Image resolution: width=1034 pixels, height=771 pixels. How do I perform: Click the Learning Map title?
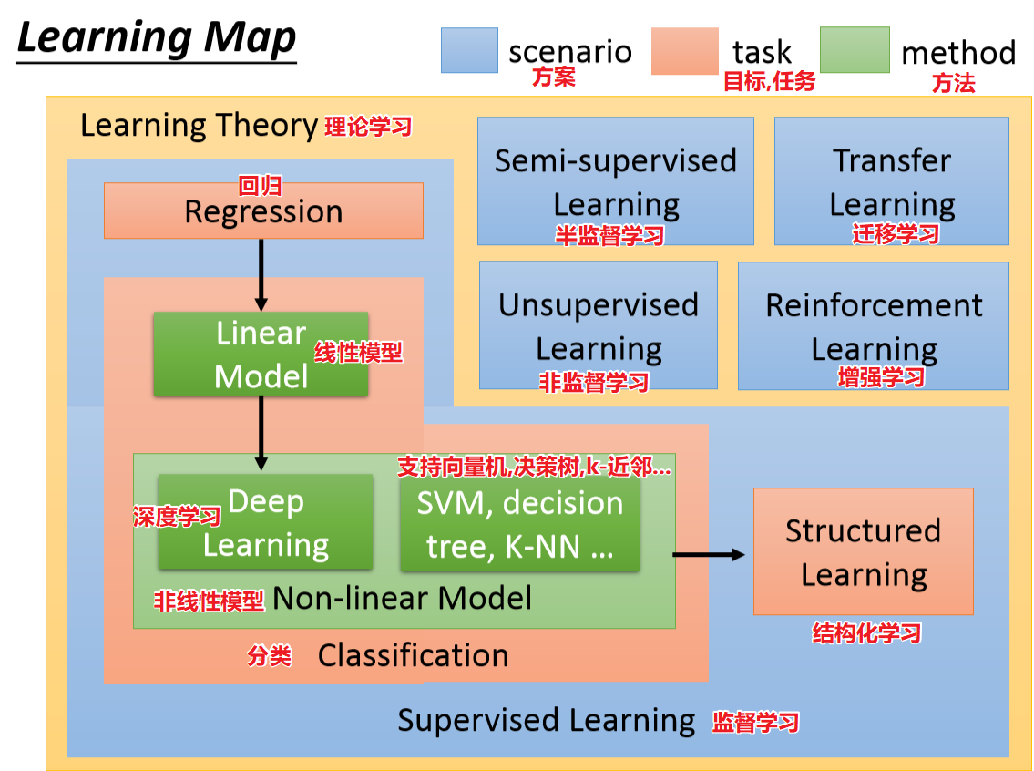pos(157,39)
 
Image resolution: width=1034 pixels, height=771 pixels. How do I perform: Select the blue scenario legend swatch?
pos(469,50)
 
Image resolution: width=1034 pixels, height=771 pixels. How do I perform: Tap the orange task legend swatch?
pos(684,51)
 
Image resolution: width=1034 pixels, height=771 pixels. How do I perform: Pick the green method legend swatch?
pos(855,50)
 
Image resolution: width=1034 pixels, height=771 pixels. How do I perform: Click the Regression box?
pos(263,211)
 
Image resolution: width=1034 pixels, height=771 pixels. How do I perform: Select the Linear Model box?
pos(261,355)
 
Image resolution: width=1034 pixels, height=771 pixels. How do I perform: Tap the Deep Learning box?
pos(265,522)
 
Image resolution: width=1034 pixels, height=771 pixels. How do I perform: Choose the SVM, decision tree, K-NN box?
pos(519,525)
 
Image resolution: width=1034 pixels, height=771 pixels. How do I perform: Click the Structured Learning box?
pos(863,551)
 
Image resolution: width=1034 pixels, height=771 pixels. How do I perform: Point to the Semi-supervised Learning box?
pos(616,180)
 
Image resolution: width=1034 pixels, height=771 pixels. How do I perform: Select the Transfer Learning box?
pos(891,180)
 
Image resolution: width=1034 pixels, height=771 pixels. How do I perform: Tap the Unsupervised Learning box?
pos(598,325)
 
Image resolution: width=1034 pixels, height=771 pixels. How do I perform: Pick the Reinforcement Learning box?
pos(873,325)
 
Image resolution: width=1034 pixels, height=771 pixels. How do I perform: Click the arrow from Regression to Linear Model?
pos(261,274)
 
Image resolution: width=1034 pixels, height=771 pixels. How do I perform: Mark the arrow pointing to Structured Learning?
pos(710,553)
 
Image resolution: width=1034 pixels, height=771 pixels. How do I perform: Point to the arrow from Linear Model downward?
pos(261,433)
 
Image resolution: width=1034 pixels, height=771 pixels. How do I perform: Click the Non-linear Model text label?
pos(402,598)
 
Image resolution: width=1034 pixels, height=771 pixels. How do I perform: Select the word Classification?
pos(413,655)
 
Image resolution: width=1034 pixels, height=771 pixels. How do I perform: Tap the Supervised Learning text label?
pos(547,721)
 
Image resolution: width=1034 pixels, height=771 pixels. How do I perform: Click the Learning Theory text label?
pos(199,125)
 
